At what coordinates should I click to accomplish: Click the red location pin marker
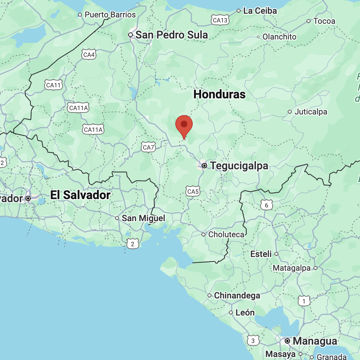[184, 125]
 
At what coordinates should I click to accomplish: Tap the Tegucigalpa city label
[239, 166]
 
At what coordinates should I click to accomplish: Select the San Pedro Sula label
[172, 35]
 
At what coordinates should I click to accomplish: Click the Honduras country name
[219, 94]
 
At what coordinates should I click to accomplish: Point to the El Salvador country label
[80, 195]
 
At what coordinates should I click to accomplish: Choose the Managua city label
[314, 341]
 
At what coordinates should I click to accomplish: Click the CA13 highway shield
[220, 20]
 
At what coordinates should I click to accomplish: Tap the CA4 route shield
[89, 55]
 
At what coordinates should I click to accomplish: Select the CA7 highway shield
[149, 147]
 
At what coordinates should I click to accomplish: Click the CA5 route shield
[193, 191]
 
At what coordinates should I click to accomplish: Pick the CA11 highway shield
[54, 85]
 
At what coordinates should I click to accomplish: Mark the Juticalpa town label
[310, 112]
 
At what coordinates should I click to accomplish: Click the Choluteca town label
[226, 235]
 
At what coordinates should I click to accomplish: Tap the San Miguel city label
[143, 218]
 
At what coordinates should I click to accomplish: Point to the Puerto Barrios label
[110, 15]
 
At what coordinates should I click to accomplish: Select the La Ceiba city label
[260, 11]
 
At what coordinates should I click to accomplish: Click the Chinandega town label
[237, 295]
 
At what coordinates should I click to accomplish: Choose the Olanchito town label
[279, 37]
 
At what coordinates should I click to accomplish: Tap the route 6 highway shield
[267, 205]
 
